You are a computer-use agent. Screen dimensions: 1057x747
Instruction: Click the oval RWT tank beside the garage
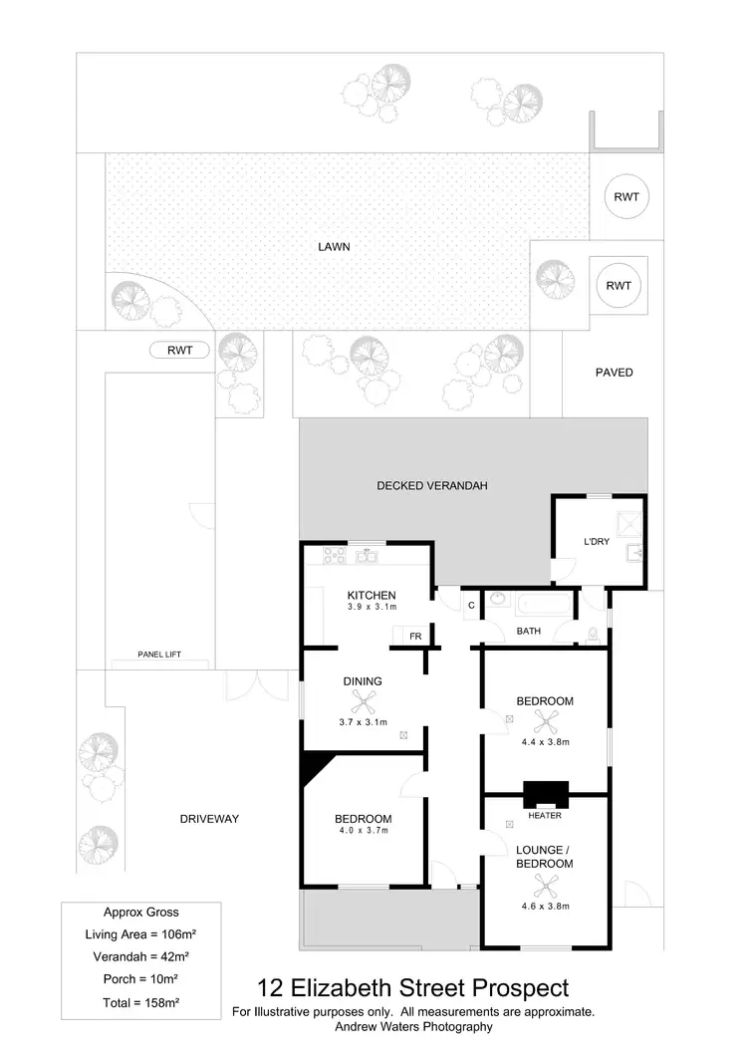[x=180, y=350]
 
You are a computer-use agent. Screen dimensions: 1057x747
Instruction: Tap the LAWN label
[x=335, y=247]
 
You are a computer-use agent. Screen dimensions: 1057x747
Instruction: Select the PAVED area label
[x=614, y=373]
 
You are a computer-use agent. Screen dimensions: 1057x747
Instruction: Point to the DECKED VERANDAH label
[x=431, y=486]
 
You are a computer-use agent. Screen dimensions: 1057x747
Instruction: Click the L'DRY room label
[x=598, y=542]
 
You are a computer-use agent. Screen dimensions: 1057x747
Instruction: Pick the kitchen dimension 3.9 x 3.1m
[x=372, y=607]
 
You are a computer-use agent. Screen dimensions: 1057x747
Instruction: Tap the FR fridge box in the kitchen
[x=414, y=636]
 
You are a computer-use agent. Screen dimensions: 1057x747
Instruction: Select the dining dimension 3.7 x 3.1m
[x=363, y=721]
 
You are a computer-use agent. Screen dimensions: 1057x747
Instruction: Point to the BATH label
[x=528, y=632]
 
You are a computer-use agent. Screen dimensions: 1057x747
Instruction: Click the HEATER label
[x=546, y=816]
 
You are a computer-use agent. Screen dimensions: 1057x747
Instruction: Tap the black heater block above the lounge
[x=546, y=794]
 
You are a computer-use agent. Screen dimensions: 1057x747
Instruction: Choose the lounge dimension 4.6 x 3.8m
[x=544, y=906]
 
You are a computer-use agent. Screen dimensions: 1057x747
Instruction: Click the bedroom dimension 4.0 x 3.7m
[x=364, y=830]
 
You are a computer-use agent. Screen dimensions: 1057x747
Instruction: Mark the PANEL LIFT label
[x=159, y=656]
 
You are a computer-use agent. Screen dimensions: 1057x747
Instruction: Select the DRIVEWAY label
[x=209, y=819]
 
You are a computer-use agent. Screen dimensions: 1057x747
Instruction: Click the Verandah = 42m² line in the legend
[x=140, y=956]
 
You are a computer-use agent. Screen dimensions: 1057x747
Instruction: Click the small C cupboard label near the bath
[x=470, y=604]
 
